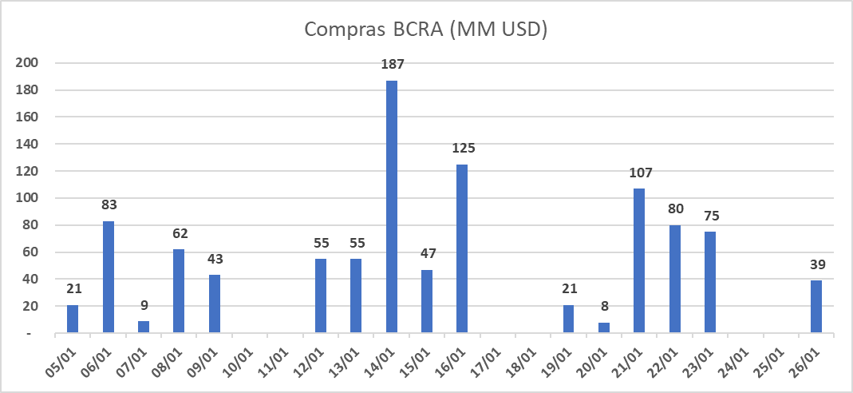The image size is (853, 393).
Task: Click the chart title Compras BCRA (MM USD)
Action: (x=426, y=30)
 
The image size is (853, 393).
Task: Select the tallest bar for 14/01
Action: (x=391, y=207)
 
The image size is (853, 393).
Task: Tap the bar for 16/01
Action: (x=462, y=248)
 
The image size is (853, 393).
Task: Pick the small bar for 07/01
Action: (x=144, y=327)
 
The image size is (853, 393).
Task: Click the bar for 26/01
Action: (x=815, y=307)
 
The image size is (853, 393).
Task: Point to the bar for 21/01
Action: (x=639, y=260)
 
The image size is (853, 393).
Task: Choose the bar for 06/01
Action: (x=109, y=277)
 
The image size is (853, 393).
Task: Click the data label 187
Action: (x=391, y=65)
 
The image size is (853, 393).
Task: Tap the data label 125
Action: (x=462, y=148)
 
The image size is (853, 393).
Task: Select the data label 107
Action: (x=639, y=173)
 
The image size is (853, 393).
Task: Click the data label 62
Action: (x=179, y=233)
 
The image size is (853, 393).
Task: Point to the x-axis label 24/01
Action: (x=733, y=360)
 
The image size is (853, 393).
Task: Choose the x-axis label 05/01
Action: (x=61, y=360)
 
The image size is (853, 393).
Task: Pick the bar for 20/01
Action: (x=604, y=327)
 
